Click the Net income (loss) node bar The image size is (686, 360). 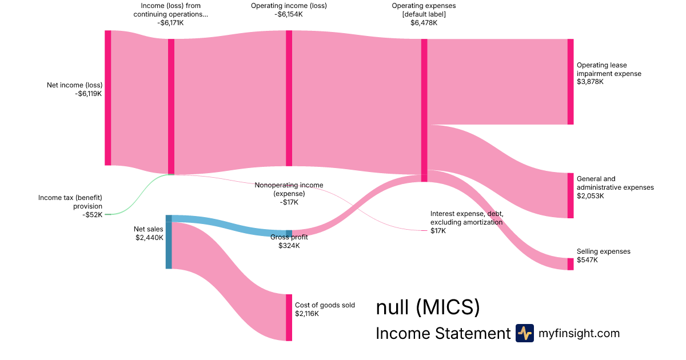tap(107, 98)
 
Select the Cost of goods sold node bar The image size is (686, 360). tap(289, 317)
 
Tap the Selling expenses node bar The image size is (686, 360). tap(570, 264)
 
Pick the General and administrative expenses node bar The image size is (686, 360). tap(570, 195)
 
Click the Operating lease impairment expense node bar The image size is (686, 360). tap(570, 82)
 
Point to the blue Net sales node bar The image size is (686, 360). tap(169, 242)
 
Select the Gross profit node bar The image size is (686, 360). tap(289, 233)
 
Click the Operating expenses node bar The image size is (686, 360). tap(424, 110)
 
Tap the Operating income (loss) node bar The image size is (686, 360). tap(289, 98)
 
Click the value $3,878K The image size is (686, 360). tap(590, 82)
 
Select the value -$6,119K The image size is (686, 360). tap(88, 94)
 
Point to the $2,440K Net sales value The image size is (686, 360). tap(149, 237)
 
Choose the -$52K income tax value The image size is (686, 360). tap(92, 215)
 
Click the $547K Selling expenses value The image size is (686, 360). tap(587, 260)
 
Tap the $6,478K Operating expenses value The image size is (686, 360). tap(424, 23)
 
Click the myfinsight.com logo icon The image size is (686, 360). tap(524, 333)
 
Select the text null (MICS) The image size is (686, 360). tap(427, 307)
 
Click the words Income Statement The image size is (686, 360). tap(442, 334)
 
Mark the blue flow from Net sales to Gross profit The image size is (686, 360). tap(229, 226)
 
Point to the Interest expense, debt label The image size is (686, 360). tap(466, 218)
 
